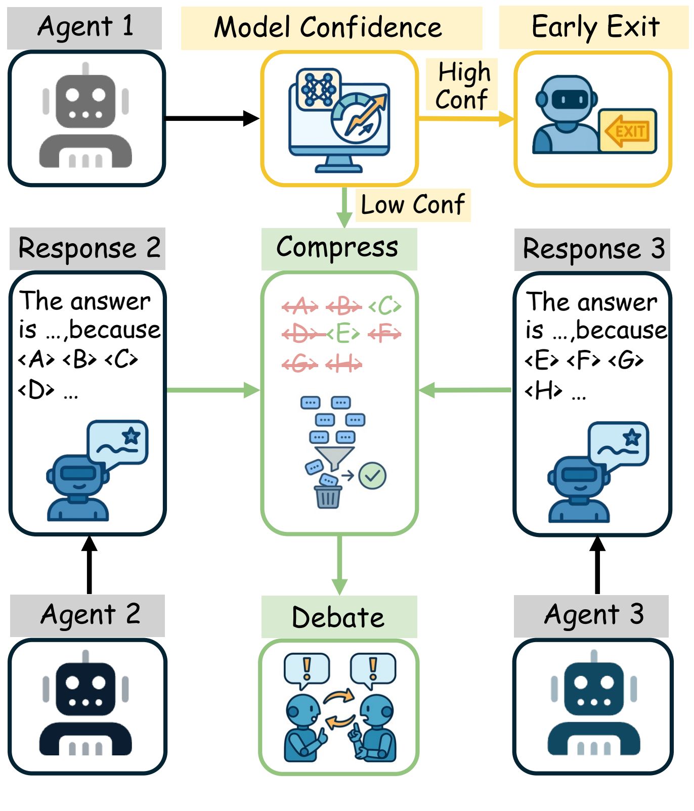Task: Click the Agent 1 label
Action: pyautogui.click(x=85, y=27)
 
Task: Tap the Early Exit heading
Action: pyautogui.click(x=595, y=27)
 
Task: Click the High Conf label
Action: pyautogui.click(x=462, y=85)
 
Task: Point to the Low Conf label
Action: pyautogui.click(x=413, y=205)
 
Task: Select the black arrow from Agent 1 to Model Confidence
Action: pyautogui.click(x=212, y=119)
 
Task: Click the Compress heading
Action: pyautogui.click(x=338, y=248)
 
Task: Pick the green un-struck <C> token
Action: pyautogui.click(x=385, y=306)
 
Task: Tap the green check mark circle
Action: pyautogui.click(x=372, y=476)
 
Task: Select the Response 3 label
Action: pyautogui.click(x=593, y=249)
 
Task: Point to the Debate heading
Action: pyautogui.click(x=338, y=617)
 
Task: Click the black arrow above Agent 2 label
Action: pyautogui.click(x=90, y=564)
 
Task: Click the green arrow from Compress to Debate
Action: pyautogui.click(x=339, y=564)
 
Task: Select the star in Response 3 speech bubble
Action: pyautogui.click(x=632, y=437)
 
